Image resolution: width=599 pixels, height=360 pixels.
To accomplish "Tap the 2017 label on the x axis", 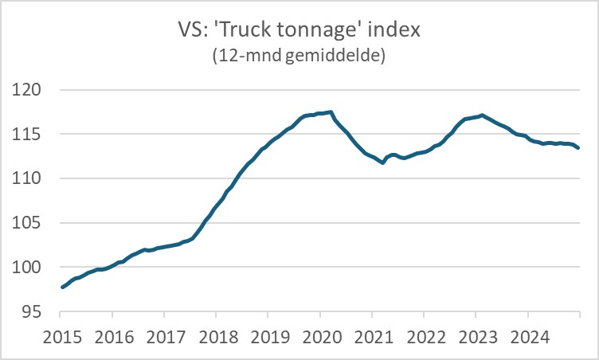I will pos(164,335).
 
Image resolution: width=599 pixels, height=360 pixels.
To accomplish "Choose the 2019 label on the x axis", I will pos(268,335).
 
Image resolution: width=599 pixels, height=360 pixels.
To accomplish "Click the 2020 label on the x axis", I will pos(319,335).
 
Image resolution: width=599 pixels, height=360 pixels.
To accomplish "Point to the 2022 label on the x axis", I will pos(424,335).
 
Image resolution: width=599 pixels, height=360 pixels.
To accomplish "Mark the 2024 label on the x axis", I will pos(527,335).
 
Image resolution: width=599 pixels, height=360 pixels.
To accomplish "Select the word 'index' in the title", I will pos(387,33).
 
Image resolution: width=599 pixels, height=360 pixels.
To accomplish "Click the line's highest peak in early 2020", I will pos(331,112).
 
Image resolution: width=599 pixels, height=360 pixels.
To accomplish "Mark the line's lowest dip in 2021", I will pos(383,162).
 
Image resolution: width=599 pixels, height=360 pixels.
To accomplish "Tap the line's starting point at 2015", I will pos(62,287).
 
